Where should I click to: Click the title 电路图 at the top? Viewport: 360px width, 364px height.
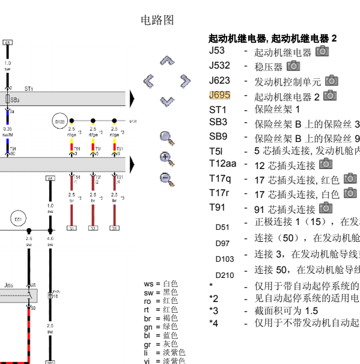(x=157, y=20)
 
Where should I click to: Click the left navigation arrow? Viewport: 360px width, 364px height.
(x=149, y=81)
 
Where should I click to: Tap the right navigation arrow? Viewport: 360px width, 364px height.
(x=185, y=81)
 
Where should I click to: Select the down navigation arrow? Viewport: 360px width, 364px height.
(x=167, y=100)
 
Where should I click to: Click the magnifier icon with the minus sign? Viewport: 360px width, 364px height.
(x=166, y=179)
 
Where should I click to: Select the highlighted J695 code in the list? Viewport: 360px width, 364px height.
(x=219, y=95)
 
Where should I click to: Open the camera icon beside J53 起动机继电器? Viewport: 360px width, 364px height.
(x=322, y=51)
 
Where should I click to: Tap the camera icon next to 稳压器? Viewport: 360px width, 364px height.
(x=293, y=66)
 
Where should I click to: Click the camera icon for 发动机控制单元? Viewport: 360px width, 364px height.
(x=331, y=81)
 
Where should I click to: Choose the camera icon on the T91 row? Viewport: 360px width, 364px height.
(x=325, y=208)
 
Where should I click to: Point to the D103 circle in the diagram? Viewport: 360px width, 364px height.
(x=59, y=122)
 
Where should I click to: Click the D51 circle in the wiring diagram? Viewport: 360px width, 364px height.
(x=19, y=220)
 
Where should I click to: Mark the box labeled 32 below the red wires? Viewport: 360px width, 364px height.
(x=93, y=228)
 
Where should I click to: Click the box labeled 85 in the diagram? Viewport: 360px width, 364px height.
(x=50, y=179)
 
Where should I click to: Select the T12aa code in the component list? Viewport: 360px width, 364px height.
(x=222, y=164)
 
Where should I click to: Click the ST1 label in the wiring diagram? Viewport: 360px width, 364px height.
(x=29, y=88)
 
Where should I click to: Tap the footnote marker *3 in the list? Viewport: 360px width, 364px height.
(x=213, y=310)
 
